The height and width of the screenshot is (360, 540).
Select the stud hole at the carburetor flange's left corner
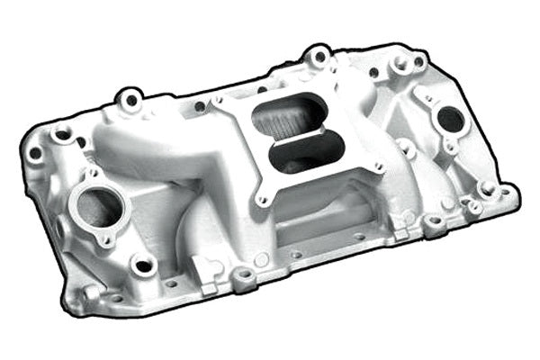click(217, 102)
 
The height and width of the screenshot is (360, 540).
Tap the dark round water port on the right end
click(449, 118)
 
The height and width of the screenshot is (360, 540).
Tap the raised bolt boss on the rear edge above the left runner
click(131, 99)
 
